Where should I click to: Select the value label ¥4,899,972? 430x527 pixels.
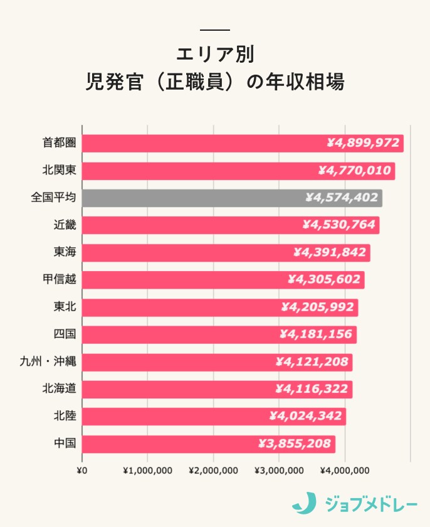click(x=363, y=143)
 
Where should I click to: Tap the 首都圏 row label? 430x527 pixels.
click(x=59, y=143)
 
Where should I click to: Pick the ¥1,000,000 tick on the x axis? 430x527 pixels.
click(x=147, y=471)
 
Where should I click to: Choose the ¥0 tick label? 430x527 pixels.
click(x=81, y=471)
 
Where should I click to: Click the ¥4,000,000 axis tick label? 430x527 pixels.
click(x=344, y=471)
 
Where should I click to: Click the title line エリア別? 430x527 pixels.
click(x=215, y=54)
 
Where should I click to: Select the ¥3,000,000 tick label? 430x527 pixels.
click(x=279, y=471)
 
